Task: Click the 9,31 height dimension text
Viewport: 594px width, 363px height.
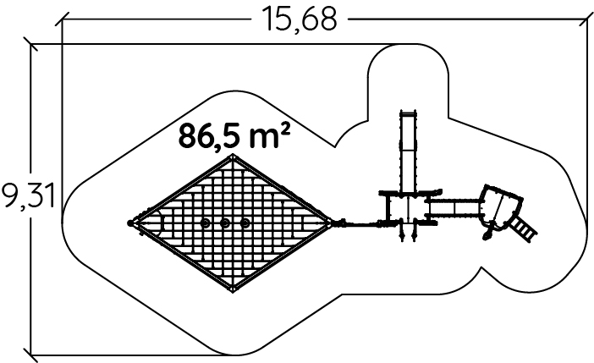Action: pos(28,196)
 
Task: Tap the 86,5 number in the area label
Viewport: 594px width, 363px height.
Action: pos(208,136)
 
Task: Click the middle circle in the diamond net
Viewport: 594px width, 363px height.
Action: pos(225,223)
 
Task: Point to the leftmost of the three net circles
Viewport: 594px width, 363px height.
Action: pos(205,223)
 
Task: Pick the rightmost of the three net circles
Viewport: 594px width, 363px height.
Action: pos(245,223)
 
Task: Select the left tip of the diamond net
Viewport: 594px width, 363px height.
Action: pos(132,223)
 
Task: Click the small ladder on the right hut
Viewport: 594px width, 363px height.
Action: pos(524,226)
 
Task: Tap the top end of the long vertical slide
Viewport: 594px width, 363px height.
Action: pos(406,116)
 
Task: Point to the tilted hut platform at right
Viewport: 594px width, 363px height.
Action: pos(500,206)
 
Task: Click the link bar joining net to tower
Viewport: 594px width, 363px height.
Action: pos(360,224)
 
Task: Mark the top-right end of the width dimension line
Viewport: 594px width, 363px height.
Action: pos(586,17)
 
